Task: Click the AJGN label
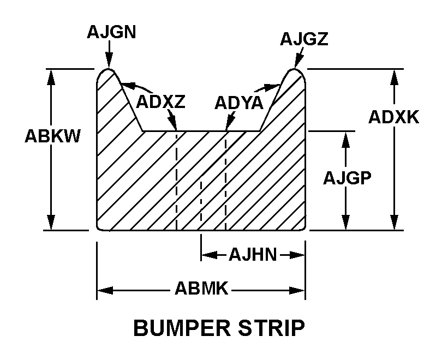point(111,32)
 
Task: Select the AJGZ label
point(304,39)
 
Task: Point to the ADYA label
point(239,103)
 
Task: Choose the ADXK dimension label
point(393,116)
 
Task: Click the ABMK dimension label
point(201,289)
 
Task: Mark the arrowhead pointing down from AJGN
point(109,63)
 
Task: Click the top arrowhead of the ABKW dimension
point(52,76)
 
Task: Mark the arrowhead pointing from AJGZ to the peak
point(298,62)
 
